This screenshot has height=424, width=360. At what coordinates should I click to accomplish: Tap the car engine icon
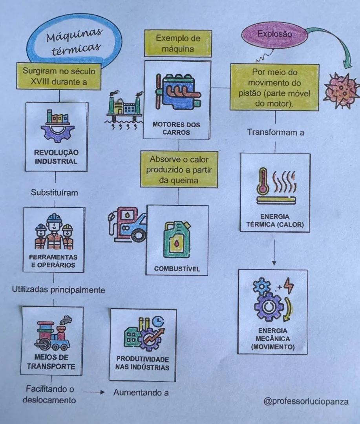pyautogui.click(x=178, y=91)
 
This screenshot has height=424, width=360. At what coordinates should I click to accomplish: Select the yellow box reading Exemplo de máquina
pyautogui.click(x=178, y=43)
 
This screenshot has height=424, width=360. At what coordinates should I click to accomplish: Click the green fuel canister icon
pyautogui.click(x=177, y=239)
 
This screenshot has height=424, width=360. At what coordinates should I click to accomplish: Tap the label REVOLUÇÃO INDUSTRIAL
pyautogui.click(x=56, y=157)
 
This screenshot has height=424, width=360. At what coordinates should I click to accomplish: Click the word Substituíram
pyautogui.click(x=54, y=192)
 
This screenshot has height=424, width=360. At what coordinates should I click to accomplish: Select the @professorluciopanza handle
pyautogui.click(x=306, y=401)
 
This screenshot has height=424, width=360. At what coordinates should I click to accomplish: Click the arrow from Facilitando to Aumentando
pyautogui.click(x=93, y=392)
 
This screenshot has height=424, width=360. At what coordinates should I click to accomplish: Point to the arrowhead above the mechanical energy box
pyautogui.click(x=274, y=263)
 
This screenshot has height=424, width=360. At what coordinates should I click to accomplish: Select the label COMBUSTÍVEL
pyautogui.click(x=177, y=269)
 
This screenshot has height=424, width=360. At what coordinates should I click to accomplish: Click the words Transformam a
pyautogui.click(x=276, y=133)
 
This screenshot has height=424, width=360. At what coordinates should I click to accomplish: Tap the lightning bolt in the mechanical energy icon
pyautogui.click(x=289, y=285)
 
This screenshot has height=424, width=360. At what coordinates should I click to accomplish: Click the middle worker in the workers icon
pyautogui.click(x=54, y=231)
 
